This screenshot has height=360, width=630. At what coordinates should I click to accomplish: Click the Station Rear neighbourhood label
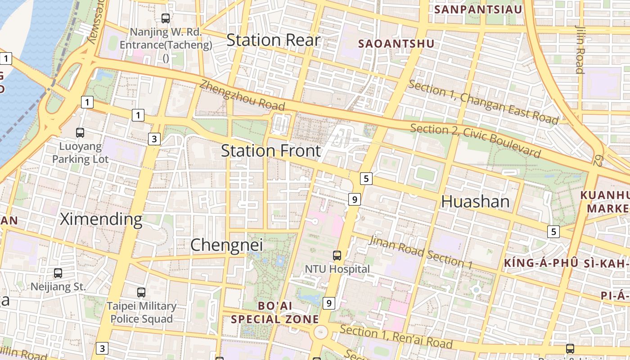pyautogui.click(x=273, y=40)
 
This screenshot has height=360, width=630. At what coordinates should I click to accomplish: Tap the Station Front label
pyautogui.click(x=271, y=150)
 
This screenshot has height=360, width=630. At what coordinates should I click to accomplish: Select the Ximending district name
pyautogui.click(x=101, y=219)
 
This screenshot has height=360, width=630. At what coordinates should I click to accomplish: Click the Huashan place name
pyautogui.click(x=475, y=202)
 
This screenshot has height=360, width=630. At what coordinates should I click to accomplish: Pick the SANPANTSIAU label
pyautogui.click(x=478, y=9)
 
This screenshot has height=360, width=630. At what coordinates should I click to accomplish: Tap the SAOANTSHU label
pyautogui.click(x=396, y=44)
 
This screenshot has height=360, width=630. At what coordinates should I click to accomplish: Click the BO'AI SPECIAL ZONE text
pyautogui.click(x=274, y=313)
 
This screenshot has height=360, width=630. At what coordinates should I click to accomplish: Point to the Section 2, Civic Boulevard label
pyautogui.click(x=475, y=140)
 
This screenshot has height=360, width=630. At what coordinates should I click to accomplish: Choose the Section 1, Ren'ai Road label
pyautogui.click(x=396, y=337)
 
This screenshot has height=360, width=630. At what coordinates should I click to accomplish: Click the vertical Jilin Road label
pyautogui.click(x=580, y=49)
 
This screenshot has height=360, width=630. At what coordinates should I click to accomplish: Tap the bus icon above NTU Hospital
pyautogui.click(x=337, y=256)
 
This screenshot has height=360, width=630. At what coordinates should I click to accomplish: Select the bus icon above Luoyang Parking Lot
pyautogui.click(x=80, y=133)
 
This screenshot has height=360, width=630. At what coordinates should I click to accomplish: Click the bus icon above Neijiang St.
pyautogui.click(x=58, y=273)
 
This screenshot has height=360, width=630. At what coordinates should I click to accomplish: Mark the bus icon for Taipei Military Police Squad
pyautogui.click(x=141, y=292)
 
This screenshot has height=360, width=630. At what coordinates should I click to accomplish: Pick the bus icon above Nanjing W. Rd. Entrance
pyautogui.click(x=166, y=18)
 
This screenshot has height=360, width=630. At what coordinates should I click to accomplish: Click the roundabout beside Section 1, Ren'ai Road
pyautogui.click(x=320, y=333)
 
